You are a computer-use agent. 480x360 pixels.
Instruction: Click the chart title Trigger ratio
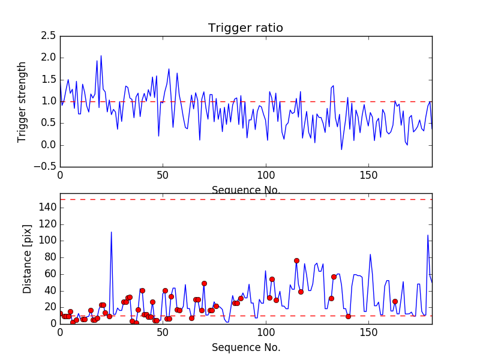(245, 28)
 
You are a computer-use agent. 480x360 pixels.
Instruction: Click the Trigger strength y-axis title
(22, 101)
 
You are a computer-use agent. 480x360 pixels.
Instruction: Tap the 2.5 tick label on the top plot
(48, 36)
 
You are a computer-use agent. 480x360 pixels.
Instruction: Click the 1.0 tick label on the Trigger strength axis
(48, 101)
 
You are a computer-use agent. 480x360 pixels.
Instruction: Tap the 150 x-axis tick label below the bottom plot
(368, 334)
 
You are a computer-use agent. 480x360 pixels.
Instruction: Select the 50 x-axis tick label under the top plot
(163, 177)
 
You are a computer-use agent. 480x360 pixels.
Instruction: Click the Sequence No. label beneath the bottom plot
(245, 347)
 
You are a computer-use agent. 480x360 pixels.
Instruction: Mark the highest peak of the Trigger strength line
(101, 56)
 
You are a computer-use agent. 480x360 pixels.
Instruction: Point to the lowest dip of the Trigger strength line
(341, 149)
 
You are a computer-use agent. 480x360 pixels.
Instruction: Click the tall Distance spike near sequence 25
(111, 232)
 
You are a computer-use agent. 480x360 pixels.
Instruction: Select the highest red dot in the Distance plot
(296, 260)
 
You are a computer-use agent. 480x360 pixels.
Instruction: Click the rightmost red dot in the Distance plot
(395, 301)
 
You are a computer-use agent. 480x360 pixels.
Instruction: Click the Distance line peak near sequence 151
(370, 254)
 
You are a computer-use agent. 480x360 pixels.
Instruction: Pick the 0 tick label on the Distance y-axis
(52, 323)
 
